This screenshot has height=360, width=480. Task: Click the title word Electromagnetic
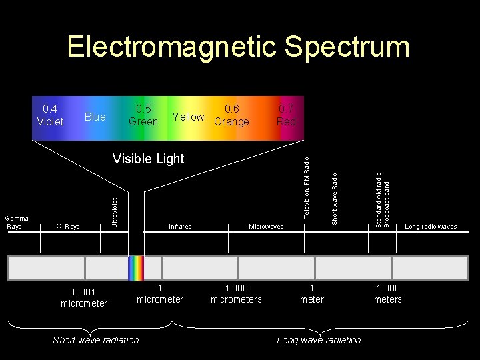(x=171, y=47)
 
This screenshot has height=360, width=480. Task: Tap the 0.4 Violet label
(x=50, y=115)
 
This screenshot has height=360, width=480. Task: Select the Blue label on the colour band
(x=95, y=117)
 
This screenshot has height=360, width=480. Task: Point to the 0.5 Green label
(x=143, y=115)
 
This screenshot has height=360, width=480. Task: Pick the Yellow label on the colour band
(x=188, y=117)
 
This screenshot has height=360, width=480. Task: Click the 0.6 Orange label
(x=231, y=115)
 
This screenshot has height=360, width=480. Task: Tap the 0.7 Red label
(x=286, y=115)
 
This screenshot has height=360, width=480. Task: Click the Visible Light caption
(x=148, y=159)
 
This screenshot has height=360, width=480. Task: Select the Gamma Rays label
(x=14, y=223)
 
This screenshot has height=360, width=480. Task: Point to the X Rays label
(x=68, y=227)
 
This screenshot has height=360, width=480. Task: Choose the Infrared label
(x=180, y=227)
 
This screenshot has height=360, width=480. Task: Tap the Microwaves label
(x=266, y=227)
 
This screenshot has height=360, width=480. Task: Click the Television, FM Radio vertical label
(x=307, y=186)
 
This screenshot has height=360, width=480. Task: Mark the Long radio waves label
(x=431, y=227)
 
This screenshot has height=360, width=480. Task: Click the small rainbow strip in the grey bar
(x=136, y=267)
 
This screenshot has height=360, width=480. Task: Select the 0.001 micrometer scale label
(x=84, y=297)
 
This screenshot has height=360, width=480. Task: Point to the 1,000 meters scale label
(x=388, y=293)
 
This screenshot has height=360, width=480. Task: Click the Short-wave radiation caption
(x=96, y=340)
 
